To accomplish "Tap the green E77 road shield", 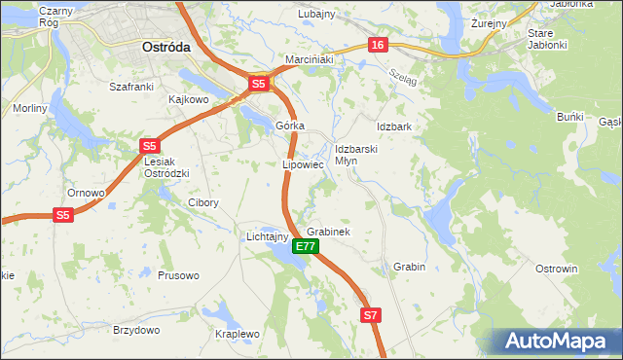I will [x=304, y=247].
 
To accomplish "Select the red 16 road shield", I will [x=379, y=45].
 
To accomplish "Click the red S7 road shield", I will [x=370, y=315].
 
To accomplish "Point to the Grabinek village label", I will [x=328, y=233].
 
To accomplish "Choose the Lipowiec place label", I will [x=302, y=164].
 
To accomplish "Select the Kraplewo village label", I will [x=238, y=334].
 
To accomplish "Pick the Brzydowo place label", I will [x=136, y=330].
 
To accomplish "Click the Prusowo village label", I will [x=178, y=275].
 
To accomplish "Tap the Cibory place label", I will [x=202, y=203].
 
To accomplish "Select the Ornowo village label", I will [x=86, y=193].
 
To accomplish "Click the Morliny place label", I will [x=30, y=108].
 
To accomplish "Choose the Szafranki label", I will [x=132, y=87].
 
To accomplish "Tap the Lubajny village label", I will [x=315, y=14].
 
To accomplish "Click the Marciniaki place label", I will [x=310, y=59].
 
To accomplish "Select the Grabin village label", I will [x=410, y=266].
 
